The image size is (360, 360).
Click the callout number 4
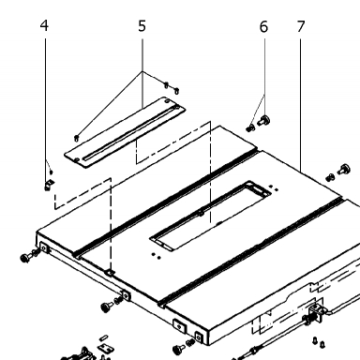[44, 25]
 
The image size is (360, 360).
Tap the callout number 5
[142, 26]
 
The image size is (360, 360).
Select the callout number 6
[263, 27]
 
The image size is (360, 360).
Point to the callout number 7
[301, 26]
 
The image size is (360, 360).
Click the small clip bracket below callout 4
[49, 185]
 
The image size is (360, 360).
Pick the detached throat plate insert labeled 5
[125, 131]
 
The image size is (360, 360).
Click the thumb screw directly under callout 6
[264, 121]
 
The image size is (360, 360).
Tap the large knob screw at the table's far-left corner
[25, 258]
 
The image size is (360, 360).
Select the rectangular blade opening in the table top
[210, 215]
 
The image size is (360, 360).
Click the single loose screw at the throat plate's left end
[76, 138]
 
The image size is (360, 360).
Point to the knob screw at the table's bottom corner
[179, 349]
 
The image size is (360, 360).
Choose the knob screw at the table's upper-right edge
[344, 170]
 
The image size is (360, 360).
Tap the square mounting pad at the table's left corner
[44, 248]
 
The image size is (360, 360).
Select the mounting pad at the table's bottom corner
[199, 337]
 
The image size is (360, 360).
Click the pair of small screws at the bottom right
[319, 342]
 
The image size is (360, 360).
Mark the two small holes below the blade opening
[156, 256]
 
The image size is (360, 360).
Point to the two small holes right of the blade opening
[273, 188]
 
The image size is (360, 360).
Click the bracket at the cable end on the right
[315, 314]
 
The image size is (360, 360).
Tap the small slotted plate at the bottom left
[106, 347]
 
